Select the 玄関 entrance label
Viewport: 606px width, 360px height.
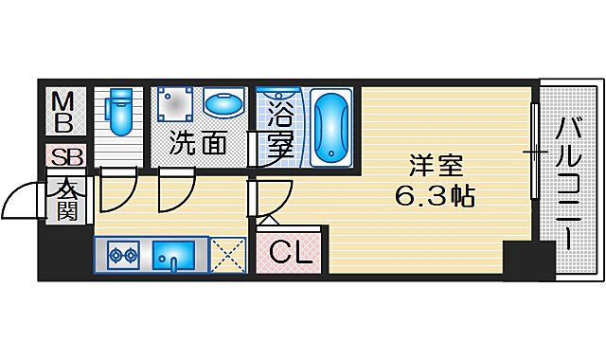click(x=65, y=197)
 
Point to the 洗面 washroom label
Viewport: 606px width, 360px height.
click(x=199, y=145)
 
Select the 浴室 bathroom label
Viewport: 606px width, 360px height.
click(x=279, y=132)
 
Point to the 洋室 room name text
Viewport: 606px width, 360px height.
click(x=436, y=166)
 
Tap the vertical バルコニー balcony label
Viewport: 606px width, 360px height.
click(x=568, y=180)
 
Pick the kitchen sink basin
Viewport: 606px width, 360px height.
click(x=174, y=255)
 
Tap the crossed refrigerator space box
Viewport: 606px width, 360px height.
click(x=228, y=255)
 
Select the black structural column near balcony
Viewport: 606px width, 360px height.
click(x=527, y=260)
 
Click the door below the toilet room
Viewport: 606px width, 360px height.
click(x=117, y=189)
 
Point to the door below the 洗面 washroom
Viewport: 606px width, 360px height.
click(x=174, y=189)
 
